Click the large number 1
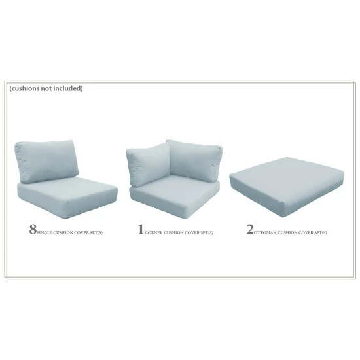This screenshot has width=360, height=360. pyautogui.click(x=140, y=230)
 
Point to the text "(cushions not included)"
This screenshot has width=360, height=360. pyautogui.click(x=46, y=88)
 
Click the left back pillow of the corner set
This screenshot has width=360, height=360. pyautogui.click(x=148, y=164)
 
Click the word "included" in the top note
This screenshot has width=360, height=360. pyautogui.click(x=69, y=88)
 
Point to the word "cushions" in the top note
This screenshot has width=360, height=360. pyautogui.click(x=27, y=88)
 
